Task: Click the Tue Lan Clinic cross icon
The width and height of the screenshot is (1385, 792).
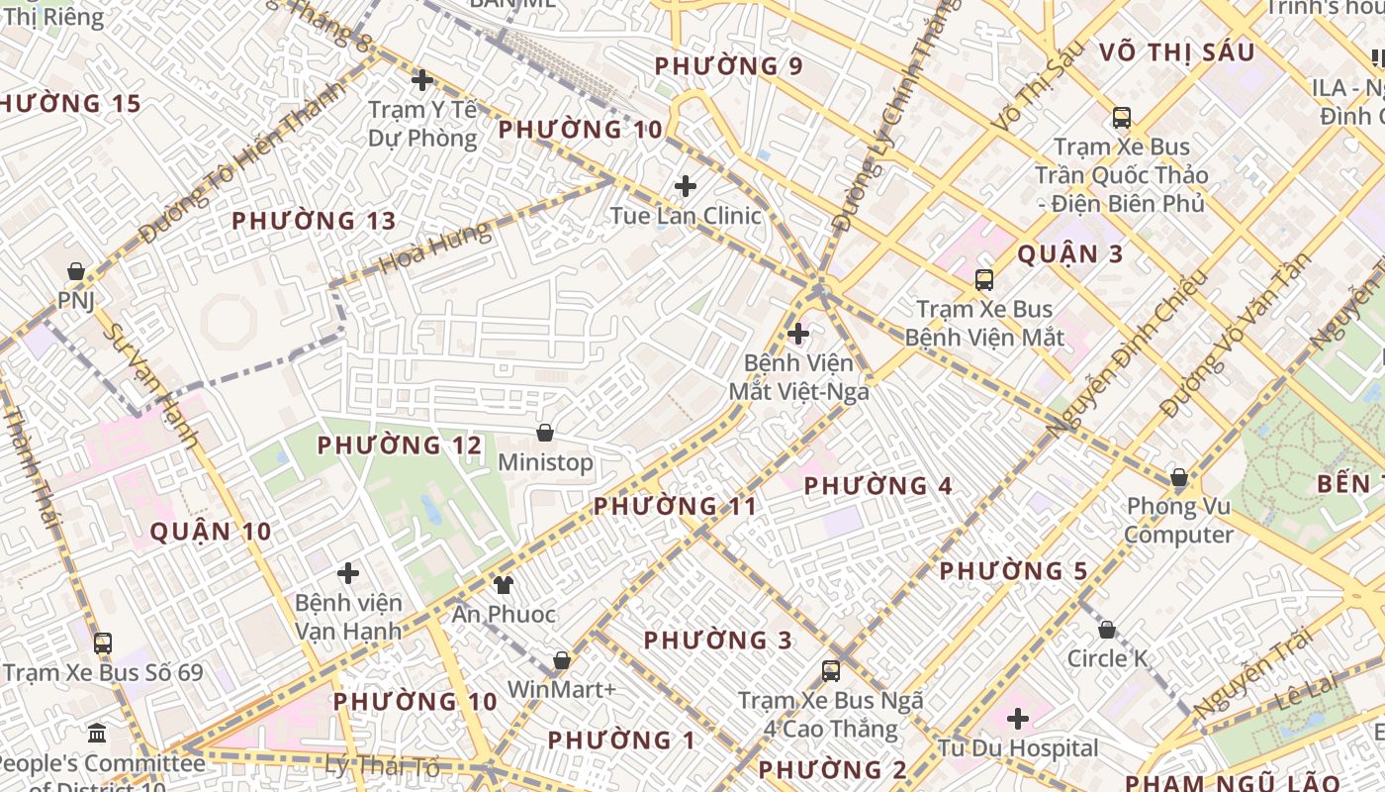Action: click(x=685, y=186)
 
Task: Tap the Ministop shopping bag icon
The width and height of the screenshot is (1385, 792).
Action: click(x=544, y=433)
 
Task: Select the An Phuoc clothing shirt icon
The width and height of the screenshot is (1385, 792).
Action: click(x=504, y=584)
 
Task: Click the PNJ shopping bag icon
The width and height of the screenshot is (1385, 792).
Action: click(x=75, y=271)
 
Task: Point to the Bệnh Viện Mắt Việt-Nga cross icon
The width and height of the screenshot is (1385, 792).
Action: click(x=798, y=334)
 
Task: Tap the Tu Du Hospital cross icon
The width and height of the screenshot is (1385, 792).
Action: click(x=1017, y=719)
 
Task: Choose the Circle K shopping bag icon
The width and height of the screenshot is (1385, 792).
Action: click(x=1107, y=630)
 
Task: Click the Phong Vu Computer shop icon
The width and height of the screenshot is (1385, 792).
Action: click(x=1178, y=478)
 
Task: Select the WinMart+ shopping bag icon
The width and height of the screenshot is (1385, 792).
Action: click(x=562, y=660)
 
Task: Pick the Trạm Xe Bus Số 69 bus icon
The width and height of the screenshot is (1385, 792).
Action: click(x=103, y=643)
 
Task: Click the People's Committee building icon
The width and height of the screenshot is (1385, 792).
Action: click(x=97, y=734)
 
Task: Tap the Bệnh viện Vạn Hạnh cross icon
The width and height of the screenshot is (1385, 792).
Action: click(x=348, y=573)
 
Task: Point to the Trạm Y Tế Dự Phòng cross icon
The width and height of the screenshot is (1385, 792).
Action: click(x=422, y=80)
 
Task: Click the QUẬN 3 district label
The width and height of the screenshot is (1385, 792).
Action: click(x=1070, y=254)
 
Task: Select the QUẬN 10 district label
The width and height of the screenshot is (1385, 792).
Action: click(x=211, y=532)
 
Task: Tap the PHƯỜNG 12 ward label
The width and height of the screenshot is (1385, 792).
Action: click(x=399, y=445)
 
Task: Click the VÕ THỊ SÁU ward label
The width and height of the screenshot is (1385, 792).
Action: click(x=1177, y=53)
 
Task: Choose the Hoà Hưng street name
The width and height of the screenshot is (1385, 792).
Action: click(x=434, y=247)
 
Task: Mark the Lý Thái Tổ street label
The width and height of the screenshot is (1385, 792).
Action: click(x=382, y=764)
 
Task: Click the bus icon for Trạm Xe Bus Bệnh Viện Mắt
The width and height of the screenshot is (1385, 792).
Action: click(x=983, y=280)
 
